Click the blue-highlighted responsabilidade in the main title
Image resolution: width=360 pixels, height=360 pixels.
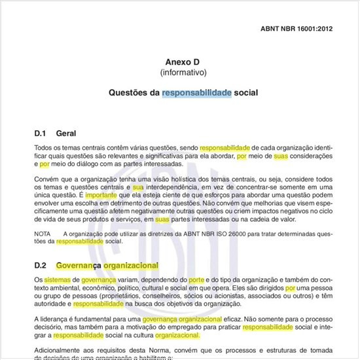click(x=196, y=93)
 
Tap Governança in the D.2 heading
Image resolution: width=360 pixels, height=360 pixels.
click(x=77, y=266)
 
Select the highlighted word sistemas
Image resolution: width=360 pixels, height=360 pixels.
click(x=56, y=280)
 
